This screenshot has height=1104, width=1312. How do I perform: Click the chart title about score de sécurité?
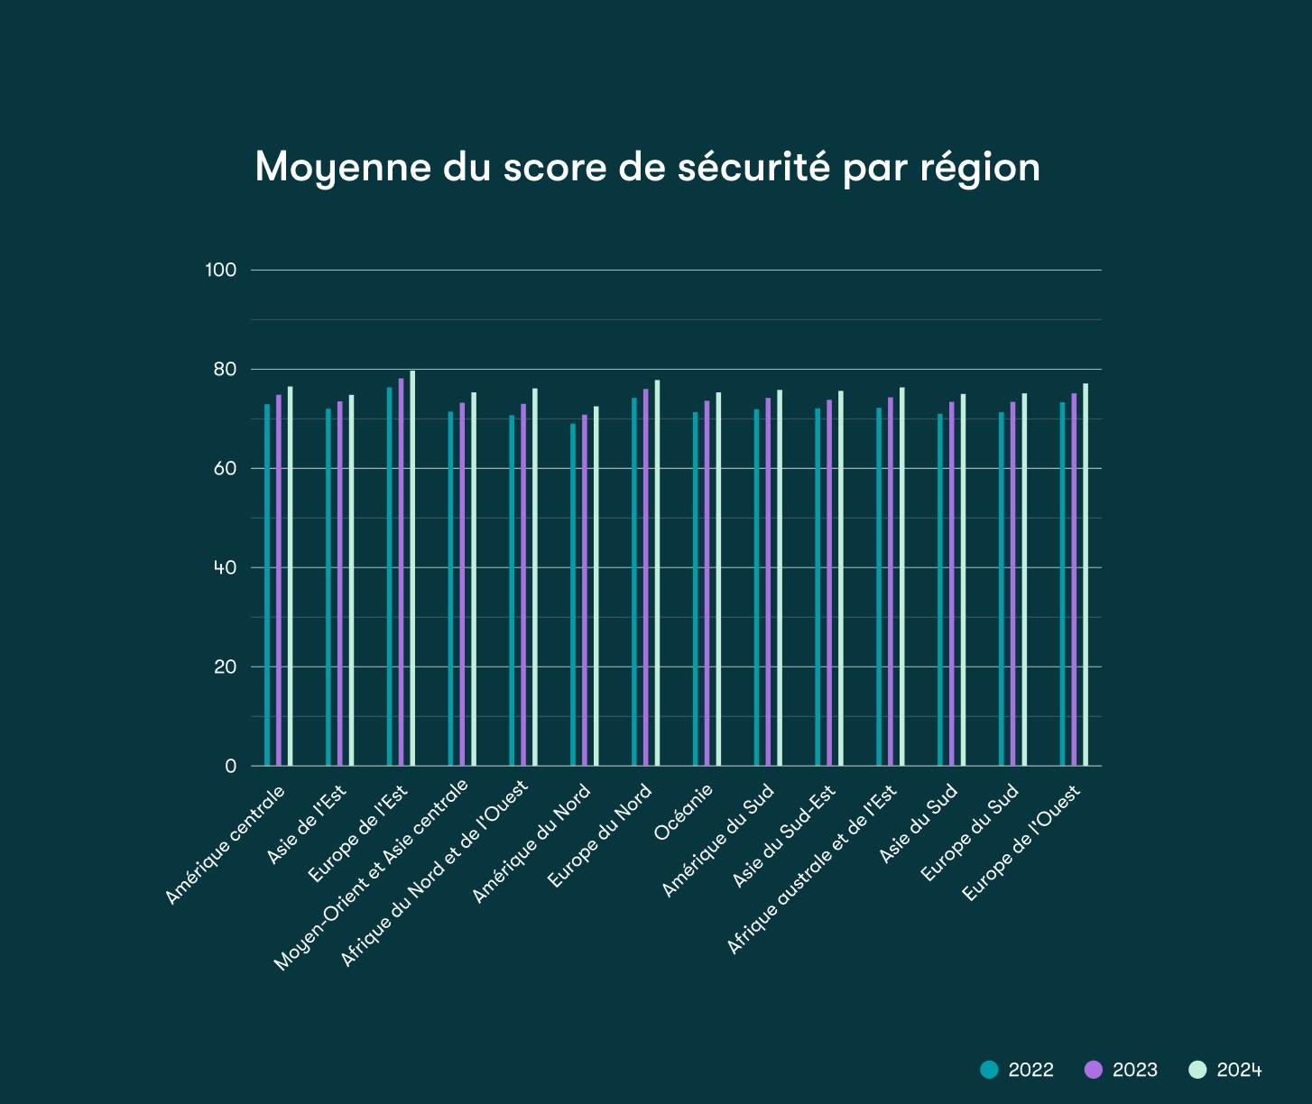pyautogui.click(x=647, y=167)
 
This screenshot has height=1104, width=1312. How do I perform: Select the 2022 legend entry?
pyautogui.click(x=1017, y=1070)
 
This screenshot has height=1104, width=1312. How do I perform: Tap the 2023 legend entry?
pyautogui.click(x=1121, y=1070)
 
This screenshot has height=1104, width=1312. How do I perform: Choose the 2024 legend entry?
pyautogui.click(x=1225, y=1070)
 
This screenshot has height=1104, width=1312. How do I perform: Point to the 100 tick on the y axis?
pyautogui.click(x=221, y=270)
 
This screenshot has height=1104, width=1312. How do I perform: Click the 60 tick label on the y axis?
pyautogui.click(x=225, y=468)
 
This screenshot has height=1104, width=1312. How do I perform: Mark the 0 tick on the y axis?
pyautogui.click(x=231, y=766)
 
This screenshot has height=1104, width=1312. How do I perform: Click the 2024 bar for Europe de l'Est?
pyautogui.click(x=412, y=568)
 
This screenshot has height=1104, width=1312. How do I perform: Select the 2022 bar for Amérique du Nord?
pyautogui.click(x=573, y=595)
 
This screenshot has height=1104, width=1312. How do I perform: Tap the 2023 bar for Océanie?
pyautogui.click(x=707, y=584)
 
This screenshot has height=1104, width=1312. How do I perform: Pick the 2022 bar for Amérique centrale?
pyautogui.click(x=267, y=585)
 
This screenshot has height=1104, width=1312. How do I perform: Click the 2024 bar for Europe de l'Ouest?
pyautogui.click(x=1086, y=575)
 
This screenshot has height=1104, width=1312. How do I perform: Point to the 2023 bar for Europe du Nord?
pyautogui.click(x=646, y=577)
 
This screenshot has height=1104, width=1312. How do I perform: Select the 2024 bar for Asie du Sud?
pyautogui.click(x=963, y=580)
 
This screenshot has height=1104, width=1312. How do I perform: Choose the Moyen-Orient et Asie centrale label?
pyautogui.click(x=372, y=875)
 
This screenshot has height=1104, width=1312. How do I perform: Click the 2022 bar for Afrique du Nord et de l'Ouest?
pyautogui.click(x=512, y=591)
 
